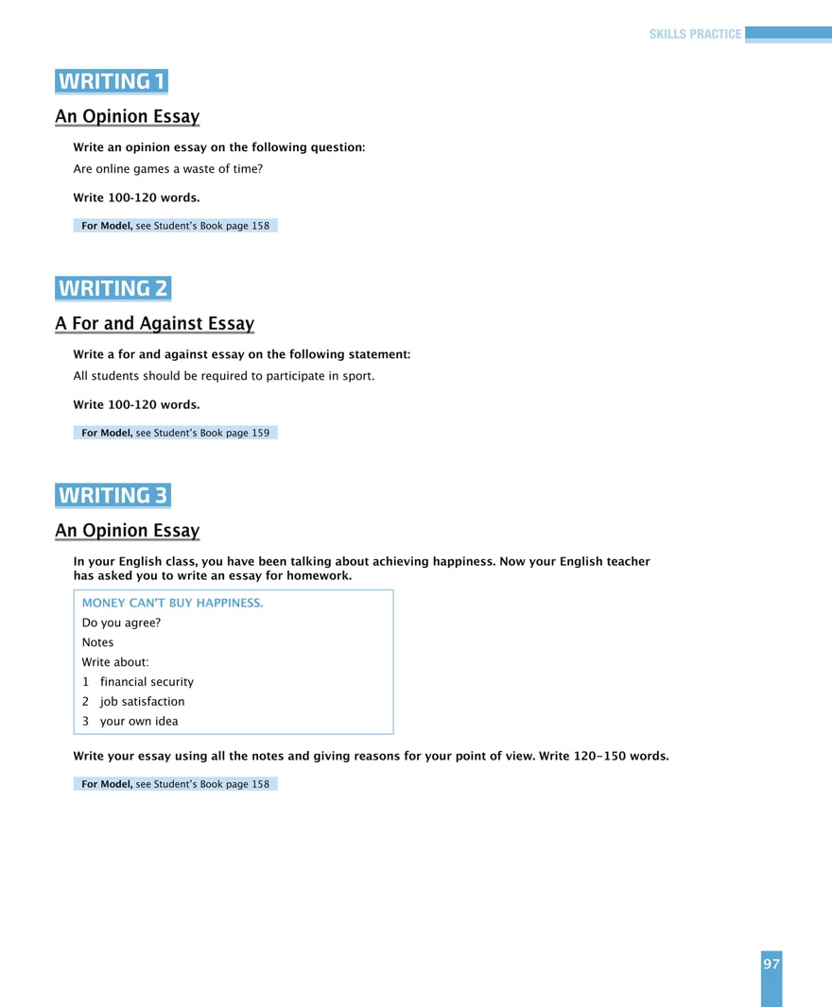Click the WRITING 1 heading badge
(112, 81)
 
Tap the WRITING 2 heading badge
(113, 288)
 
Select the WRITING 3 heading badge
(113, 495)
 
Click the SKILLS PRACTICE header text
(695, 34)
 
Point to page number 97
(771, 964)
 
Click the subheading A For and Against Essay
(154, 324)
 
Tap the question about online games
(167, 169)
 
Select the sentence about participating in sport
(223, 376)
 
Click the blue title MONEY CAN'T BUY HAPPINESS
(172, 603)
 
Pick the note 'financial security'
(147, 682)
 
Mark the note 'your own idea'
(138, 722)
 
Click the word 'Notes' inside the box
(97, 642)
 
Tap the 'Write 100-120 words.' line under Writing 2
(136, 404)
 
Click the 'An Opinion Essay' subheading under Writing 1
(127, 117)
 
